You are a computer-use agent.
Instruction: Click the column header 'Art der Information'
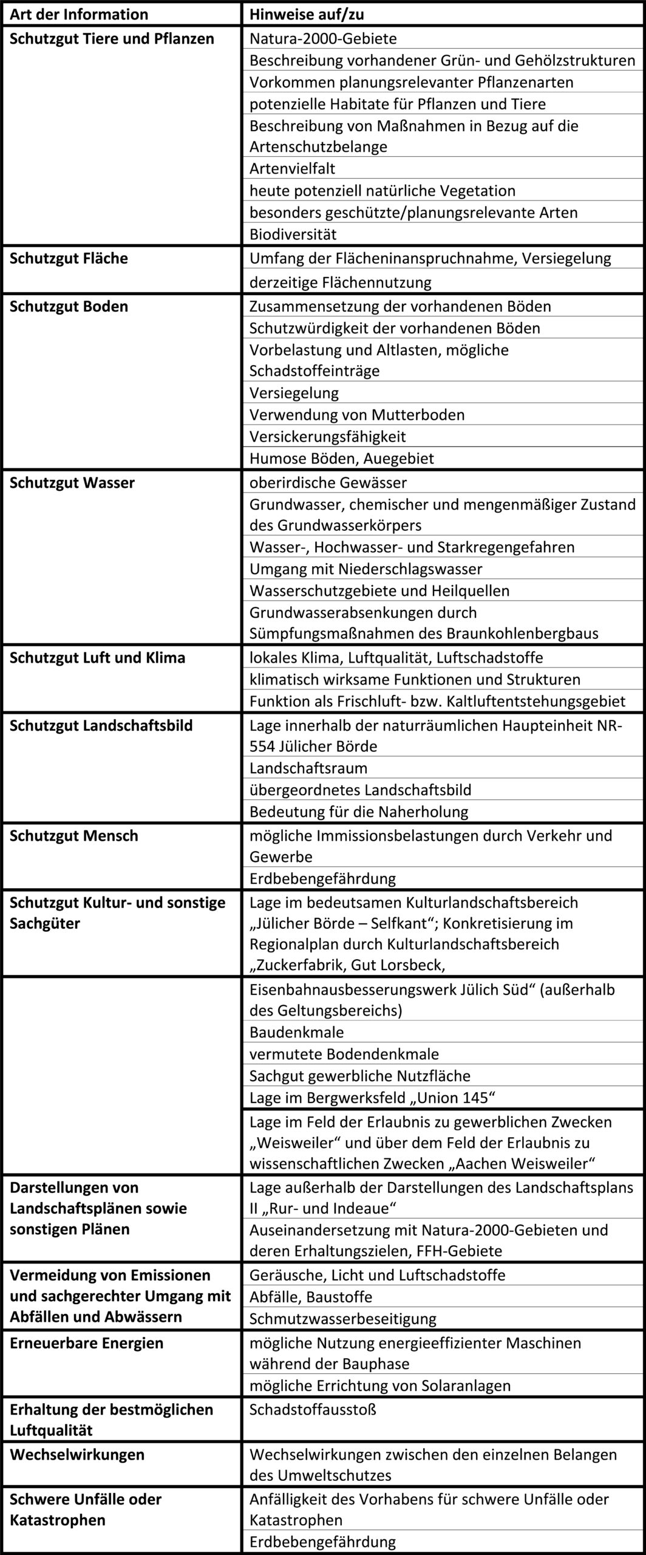79,14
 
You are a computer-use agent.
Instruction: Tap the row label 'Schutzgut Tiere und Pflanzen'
112,39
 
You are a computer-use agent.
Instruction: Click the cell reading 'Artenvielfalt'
292,168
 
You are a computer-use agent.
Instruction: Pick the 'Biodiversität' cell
293,234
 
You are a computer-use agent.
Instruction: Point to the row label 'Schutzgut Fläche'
69,258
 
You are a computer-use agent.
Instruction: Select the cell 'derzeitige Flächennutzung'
340,282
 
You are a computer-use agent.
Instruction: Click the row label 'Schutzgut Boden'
69,306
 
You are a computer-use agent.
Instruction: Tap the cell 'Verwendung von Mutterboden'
357,415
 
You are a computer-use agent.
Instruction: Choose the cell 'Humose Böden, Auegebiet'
342,458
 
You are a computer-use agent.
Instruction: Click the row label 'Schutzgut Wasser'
72,482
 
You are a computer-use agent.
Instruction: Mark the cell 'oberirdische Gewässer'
328,482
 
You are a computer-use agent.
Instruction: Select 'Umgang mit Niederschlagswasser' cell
365,569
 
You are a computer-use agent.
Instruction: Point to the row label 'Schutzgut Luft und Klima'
97,657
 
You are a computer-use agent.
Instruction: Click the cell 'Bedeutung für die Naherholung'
359,812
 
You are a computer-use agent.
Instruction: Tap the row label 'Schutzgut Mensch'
73,835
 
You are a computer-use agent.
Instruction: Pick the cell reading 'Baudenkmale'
296,1032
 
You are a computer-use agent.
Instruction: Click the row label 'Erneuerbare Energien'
86,1342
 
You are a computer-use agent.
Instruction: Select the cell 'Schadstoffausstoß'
313,1409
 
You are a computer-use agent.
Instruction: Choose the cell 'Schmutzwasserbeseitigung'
342,1319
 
